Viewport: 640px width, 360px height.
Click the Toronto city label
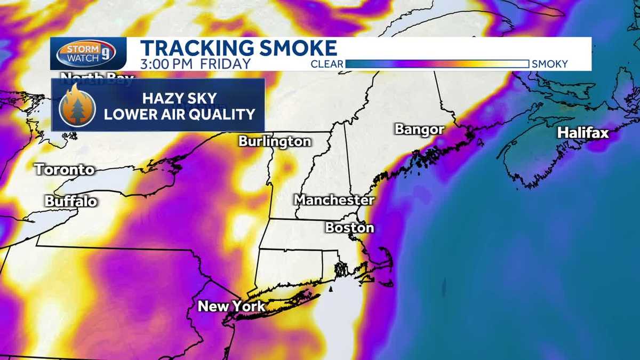(x=65, y=170)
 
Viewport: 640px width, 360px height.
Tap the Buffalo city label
(x=71, y=201)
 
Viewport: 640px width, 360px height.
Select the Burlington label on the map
(x=275, y=141)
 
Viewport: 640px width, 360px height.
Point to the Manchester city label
(x=334, y=200)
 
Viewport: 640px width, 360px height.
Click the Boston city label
(x=350, y=228)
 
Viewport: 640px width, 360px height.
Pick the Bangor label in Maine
(x=419, y=130)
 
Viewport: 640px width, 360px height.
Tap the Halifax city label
(x=583, y=133)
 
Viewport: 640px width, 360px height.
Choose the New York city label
(x=231, y=306)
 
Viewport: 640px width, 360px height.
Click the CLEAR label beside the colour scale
(x=327, y=65)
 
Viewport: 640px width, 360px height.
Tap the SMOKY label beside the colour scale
(x=550, y=65)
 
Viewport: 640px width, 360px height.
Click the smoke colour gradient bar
(x=437, y=64)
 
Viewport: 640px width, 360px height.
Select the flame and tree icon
(x=77, y=105)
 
